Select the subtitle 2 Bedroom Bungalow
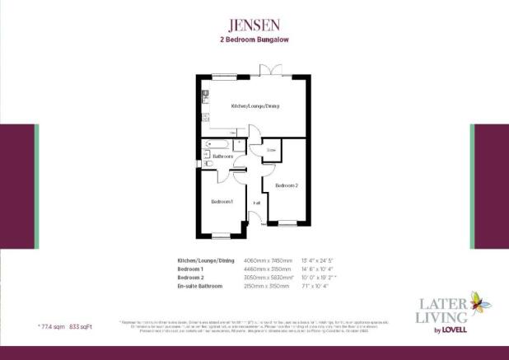pyautogui.click(x=254, y=40)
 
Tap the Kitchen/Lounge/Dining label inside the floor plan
pyautogui.click(x=254, y=106)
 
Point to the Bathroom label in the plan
pyautogui.click(x=223, y=156)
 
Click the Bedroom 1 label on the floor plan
pyautogui.click(x=221, y=201)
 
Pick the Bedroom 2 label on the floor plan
pyautogui.click(x=286, y=185)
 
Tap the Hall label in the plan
pyautogui.click(x=257, y=202)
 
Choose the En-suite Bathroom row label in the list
pyautogui.click(x=204, y=287)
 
